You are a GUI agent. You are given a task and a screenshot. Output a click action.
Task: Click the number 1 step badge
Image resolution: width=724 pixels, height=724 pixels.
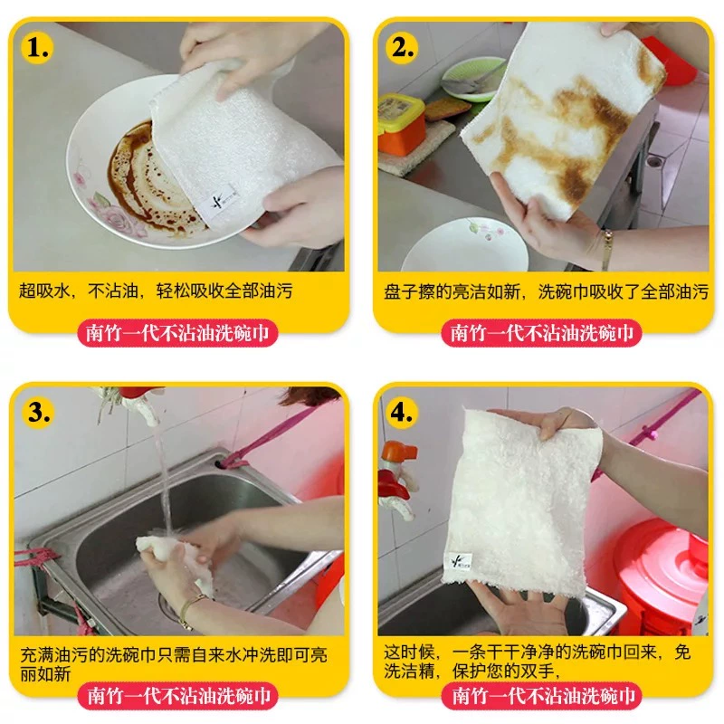click(37, 48)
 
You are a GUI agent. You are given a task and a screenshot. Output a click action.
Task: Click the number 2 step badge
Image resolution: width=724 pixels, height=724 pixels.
click(402, 48)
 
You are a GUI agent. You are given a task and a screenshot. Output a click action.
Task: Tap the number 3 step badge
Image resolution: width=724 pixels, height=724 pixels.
click(38, 413)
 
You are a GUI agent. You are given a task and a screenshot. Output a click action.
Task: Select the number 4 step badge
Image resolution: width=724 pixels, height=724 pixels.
click(401, 413)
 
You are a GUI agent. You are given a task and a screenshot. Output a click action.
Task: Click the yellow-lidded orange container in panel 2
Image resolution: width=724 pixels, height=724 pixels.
click(401, 123)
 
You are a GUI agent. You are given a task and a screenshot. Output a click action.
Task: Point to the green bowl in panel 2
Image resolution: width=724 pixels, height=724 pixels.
click(472, 79)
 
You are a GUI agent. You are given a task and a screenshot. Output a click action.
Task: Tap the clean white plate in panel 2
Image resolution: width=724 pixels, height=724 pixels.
click(465, 247)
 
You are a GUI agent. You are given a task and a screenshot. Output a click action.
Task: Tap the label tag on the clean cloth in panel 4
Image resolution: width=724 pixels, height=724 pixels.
click(460, 562)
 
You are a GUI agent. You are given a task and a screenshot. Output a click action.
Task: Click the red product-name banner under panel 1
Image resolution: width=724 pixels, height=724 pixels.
click(177, 333)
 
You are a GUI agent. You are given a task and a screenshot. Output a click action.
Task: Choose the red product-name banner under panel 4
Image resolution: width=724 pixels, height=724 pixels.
click(541, 696)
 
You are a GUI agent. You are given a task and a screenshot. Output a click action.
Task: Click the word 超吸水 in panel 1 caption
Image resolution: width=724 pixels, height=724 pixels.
click(44, 291)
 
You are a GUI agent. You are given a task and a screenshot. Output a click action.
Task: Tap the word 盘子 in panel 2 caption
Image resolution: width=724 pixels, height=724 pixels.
click(401, 291)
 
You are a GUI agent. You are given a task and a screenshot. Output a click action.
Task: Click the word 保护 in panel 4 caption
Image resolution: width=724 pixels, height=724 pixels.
click(470, 672)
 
